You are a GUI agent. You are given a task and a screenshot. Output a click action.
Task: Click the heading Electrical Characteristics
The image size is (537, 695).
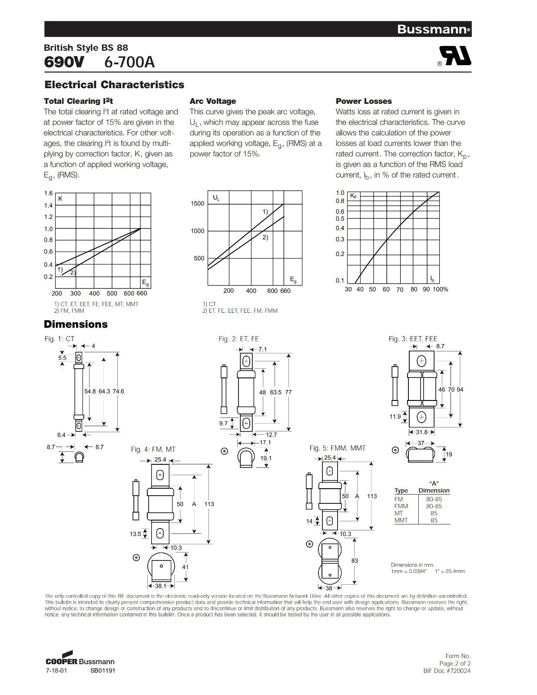(x=114, y=85)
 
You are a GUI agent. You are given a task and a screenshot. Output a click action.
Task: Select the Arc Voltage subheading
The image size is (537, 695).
(x=212, y=101)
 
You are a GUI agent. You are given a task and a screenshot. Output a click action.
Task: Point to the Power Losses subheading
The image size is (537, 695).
(x=363, y=101)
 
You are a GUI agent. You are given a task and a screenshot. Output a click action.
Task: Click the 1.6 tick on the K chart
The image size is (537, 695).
(x=48, y=193)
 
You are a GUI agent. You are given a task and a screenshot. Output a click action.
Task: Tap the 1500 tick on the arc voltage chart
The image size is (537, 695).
(x=197, y=203)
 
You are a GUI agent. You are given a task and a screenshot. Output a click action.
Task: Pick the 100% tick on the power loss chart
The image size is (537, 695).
(x=441, y=289)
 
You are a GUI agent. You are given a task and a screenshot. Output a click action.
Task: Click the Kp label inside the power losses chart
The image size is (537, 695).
(x=353, y=196)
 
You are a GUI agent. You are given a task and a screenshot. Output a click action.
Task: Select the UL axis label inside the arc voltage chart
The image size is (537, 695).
(x=216, y=199)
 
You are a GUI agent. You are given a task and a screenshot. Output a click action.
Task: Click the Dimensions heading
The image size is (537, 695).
(x=76, y=324)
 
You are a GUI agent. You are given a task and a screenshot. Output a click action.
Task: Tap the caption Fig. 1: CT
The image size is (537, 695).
(x=60, y=339)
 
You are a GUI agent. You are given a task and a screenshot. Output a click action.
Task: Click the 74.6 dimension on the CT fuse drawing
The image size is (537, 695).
(x=118, y=391)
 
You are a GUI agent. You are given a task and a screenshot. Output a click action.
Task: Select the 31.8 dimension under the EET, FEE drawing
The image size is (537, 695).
(x=421, y=432)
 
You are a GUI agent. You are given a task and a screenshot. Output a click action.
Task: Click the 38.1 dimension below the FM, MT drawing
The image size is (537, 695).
(x=161, y=586)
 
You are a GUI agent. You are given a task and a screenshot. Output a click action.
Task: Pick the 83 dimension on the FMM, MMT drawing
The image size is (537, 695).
(x=355, y=561)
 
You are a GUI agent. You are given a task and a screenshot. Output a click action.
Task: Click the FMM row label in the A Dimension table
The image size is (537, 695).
(x=401, y=506)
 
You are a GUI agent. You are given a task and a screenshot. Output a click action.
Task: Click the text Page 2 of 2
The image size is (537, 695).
(x=454, y=663)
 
